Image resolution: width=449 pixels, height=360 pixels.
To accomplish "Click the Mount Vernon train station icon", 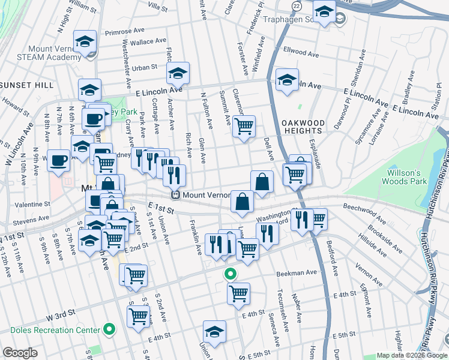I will [176, 195].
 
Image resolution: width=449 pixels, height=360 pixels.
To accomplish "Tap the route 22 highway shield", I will [297, 5].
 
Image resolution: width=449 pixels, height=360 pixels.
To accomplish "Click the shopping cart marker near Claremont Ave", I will [244, 127].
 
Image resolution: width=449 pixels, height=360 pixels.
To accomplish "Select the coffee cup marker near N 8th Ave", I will [58, 160].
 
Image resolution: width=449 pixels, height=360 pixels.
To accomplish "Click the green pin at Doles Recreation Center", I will [109, 329].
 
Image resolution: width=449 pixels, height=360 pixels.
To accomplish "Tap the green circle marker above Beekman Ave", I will [229, 275].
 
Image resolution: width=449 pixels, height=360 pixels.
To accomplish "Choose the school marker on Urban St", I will [178, 73].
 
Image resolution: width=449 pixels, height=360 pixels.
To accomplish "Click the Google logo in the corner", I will [20, 353].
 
